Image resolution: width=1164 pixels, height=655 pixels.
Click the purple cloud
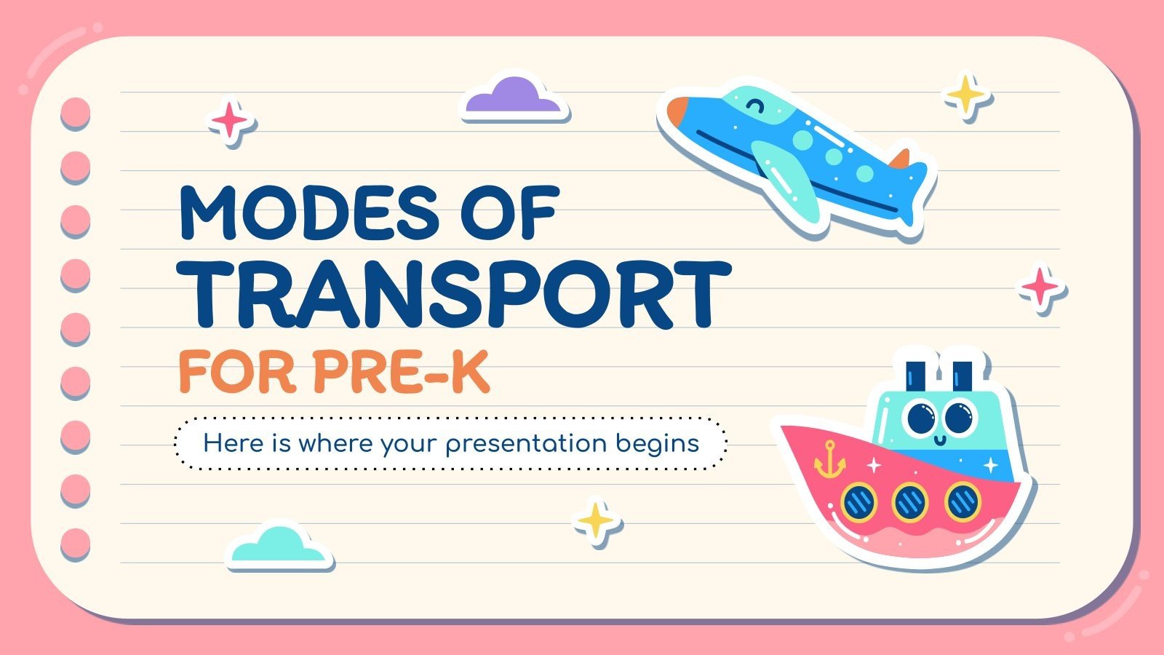point(514,98)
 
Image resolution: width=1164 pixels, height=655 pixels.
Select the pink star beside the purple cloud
point(230,121)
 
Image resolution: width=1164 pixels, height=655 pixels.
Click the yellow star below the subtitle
point(597,520)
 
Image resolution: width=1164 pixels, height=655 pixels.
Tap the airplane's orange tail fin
point(902,158)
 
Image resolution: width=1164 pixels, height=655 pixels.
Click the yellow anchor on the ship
point(829,459)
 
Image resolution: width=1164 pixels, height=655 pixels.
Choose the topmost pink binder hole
point(75,113)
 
